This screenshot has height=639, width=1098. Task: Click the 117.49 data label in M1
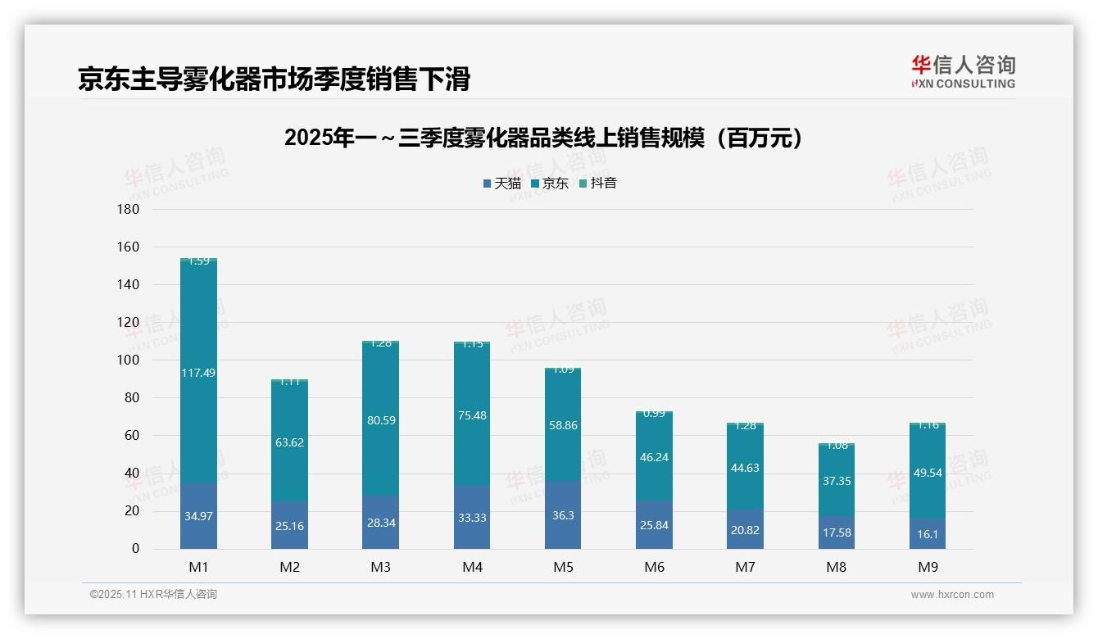(x=198, y=373)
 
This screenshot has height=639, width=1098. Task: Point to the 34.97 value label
(x=198, y=516)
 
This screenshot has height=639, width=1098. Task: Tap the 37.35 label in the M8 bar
(x=837, y=481)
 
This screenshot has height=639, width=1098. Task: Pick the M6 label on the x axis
(x=654, y=567)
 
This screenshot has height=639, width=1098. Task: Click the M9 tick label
(x=927, y=567)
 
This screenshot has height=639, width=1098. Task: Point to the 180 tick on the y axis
(x=129, y=209)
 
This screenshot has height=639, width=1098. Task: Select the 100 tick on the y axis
(x=129, y=360)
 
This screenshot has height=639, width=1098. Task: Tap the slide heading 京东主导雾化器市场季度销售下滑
(x=274, y=79)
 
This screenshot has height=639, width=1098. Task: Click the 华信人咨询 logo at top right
(x=963, y=71)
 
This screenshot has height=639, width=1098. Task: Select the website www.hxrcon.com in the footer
(x=952, y=595)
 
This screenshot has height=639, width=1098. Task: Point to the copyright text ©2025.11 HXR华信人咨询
(x=153, y=595)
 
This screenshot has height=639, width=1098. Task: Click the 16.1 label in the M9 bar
(x=927, y=533)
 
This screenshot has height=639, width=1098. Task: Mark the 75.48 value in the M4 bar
(x=472, y=415)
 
